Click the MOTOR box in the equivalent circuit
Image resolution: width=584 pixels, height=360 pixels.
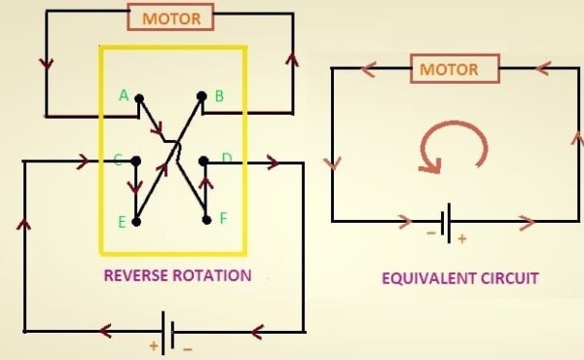[449, 69]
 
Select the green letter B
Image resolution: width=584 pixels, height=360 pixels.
[219, 95]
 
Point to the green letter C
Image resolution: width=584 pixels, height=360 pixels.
[117, 160]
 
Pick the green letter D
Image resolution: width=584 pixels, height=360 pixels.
[226, 158]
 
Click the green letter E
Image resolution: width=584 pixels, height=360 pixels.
[123, 222]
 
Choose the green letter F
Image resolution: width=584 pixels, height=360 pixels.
[223, 218]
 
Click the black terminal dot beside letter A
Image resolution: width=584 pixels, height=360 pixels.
[139, 97]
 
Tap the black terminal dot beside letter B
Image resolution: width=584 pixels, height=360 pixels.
[201, 96]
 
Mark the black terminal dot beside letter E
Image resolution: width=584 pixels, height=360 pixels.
[137, 222]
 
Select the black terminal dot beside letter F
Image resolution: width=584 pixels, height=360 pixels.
[206, 221]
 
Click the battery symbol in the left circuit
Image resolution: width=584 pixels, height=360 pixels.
[169, 332]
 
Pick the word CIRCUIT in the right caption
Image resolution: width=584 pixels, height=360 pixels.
[510, 278]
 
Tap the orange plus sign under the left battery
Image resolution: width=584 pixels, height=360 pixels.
[153, 346]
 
